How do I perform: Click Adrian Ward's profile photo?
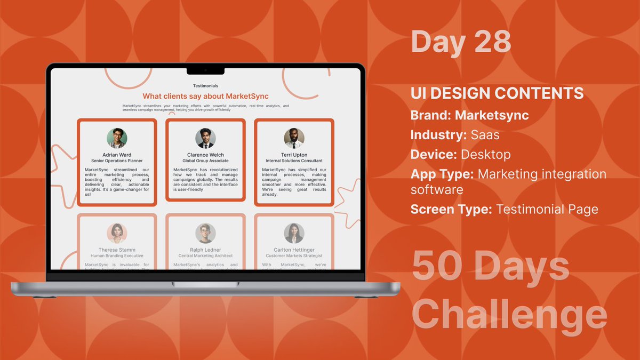(x=117, y=138)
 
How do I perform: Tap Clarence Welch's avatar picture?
(x=205, y=138)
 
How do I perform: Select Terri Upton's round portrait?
(x=294, y=138)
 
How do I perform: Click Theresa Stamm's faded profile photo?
(x=117, y=233)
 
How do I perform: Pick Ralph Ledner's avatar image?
(x=205, y=233)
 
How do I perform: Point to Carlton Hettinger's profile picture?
(x=294, y=233)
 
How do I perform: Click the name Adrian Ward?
(x=117, y=155)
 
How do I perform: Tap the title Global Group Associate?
(x=205, y=161)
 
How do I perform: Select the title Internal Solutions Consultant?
(x=294, y=161)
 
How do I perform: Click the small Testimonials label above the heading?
(x=205, y=85)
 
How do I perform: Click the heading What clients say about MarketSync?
(x=205, y=96)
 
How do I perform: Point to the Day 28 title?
(x=461, y=42)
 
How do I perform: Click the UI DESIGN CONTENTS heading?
(x=497, y=94)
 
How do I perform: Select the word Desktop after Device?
(x=485, y=155)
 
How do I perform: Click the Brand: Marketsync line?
(x=469, y=115)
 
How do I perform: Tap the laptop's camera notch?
(x=205, y=70)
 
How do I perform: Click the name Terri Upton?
(x=294, y=155)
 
